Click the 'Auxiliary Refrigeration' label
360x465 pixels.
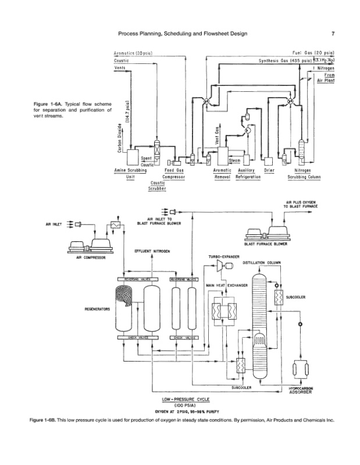(247, 173)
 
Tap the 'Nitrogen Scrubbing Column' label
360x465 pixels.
(304, 173)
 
